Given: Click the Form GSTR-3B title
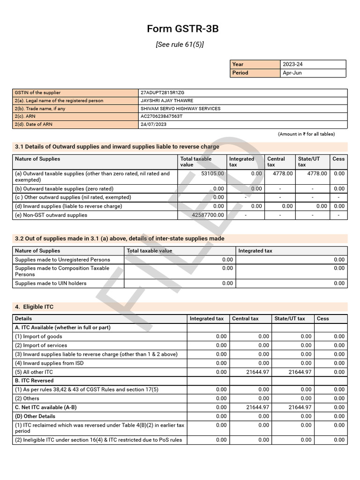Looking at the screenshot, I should point(182,29).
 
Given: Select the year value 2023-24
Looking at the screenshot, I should point(293,64).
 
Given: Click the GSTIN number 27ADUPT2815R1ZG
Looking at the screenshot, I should point(162,93).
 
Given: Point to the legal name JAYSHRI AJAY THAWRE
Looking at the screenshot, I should point(166,101).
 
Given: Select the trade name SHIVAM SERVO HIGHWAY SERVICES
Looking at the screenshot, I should point(180,109).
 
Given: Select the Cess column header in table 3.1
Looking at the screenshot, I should point(338,159).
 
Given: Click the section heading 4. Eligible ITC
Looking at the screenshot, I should point(34,307).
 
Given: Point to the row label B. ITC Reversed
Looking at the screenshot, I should point(34,381).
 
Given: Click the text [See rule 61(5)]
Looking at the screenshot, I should point(180,45).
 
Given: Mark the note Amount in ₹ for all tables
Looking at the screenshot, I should point(307,134).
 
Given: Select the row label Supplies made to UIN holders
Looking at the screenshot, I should point(51,283).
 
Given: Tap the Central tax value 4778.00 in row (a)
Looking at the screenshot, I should point(283,173).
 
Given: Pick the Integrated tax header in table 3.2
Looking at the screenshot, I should point(255,251).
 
